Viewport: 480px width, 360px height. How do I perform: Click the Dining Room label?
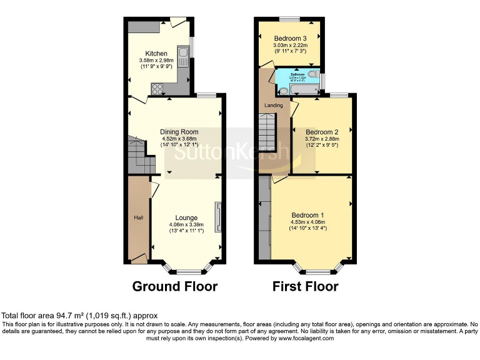(x=179, y=132)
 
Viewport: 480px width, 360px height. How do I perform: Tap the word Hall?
(x=137, y=217)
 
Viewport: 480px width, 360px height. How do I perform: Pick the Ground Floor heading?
(x=174, y=287)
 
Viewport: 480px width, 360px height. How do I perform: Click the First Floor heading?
(x=305, y=287)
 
